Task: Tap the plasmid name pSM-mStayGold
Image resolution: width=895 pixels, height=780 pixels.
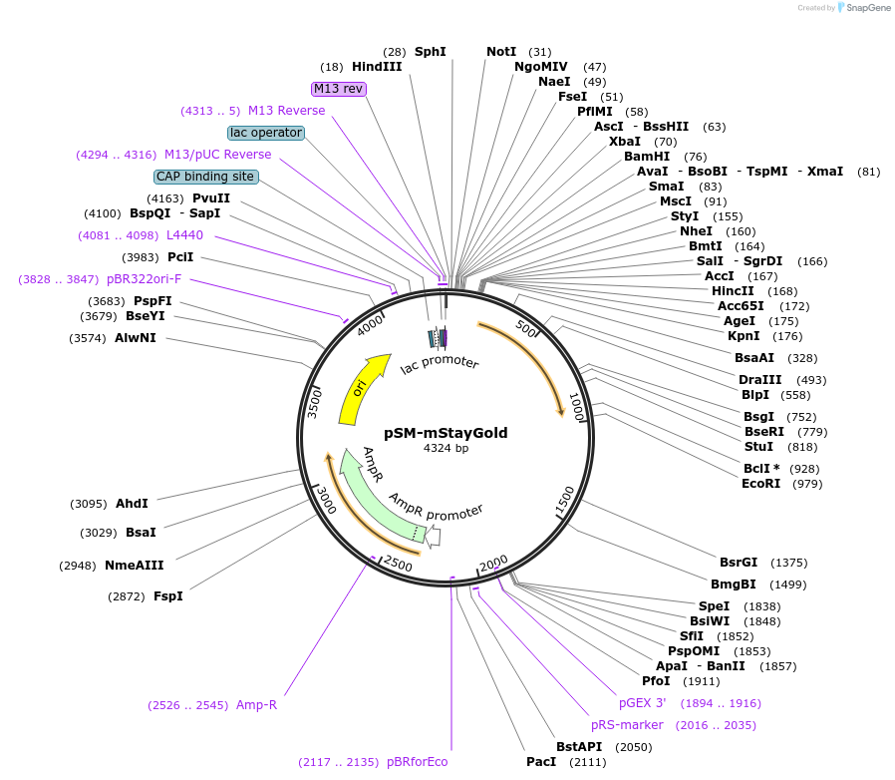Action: coord(446,433)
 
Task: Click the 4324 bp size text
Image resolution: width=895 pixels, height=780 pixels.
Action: coord(446,449)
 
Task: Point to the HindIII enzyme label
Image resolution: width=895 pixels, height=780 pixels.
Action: coord(377,67)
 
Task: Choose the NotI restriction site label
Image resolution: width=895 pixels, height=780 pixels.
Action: coord(501,52)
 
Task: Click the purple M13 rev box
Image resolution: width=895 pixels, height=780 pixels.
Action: coord(339,89)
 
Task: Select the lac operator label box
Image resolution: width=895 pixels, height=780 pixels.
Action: coord(265,133)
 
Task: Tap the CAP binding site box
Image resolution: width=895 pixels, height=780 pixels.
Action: coord(205,177)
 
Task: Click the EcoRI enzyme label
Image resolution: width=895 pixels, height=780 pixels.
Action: coord(762,484)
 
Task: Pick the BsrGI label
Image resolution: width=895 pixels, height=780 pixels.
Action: coord(739,563)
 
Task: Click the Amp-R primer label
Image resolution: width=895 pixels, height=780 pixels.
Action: coord(256,705)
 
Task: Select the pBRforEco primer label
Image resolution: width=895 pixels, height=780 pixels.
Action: coord(418,762)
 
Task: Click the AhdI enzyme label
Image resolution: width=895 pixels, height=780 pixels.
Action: coord(132,504)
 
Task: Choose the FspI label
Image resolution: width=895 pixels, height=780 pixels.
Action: coord(167,596)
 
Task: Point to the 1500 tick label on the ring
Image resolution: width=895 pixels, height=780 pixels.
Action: coord(564,496)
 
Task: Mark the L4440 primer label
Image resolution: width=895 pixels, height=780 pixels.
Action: coord(184,235)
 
